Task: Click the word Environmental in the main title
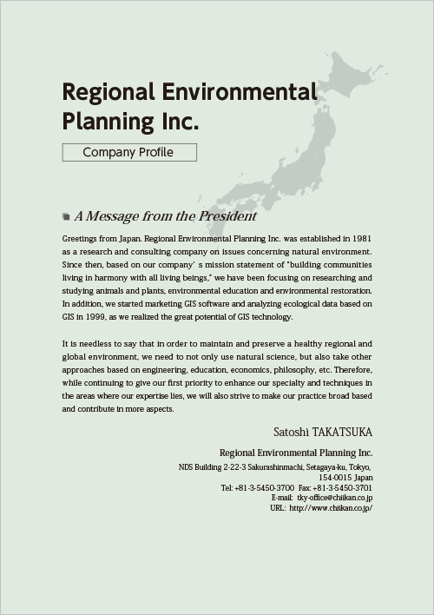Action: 240,93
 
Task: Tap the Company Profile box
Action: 129,153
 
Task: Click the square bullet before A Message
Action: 66,216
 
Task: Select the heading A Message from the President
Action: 166,216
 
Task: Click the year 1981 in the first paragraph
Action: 362,237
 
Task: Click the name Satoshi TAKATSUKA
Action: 322,432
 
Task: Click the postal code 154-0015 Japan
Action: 345,478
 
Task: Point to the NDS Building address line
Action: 275,467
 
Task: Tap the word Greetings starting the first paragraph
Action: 80,237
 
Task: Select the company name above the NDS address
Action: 295,453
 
